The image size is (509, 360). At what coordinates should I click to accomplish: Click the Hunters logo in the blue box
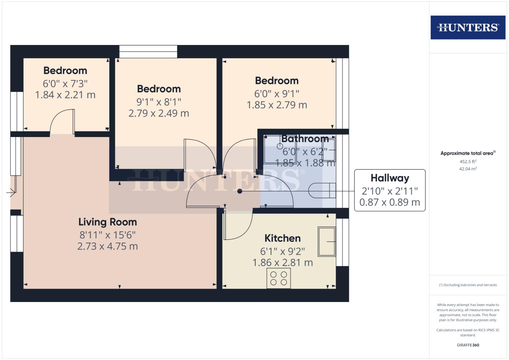click(x=468, y=27)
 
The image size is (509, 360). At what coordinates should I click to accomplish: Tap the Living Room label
click(x=107, y=222)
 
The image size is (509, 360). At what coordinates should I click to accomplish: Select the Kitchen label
click(x=282, y=238)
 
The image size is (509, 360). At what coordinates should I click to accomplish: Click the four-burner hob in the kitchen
click(x=279, y=278)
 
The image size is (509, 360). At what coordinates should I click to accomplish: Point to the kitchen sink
click(x=327, y=241)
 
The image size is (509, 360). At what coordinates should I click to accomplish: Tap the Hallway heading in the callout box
click(x=390, y=178)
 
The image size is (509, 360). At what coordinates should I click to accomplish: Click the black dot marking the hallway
click(x=240, y=191)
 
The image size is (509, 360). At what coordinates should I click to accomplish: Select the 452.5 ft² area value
click(x=468, y=162)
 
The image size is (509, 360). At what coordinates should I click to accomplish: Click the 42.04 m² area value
click(x=468, y=169)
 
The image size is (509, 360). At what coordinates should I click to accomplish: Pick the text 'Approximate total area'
click(x=467, y=153)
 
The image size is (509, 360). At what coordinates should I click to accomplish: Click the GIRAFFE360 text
click(x=468, y=345)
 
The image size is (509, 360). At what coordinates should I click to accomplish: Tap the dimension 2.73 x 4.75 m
click(x=107, y=246)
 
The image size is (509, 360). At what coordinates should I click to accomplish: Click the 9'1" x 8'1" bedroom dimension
click(x=159, y=102)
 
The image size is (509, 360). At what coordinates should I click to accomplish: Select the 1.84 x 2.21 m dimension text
click(x=65, y=95)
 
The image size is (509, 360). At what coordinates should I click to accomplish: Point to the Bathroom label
click(x=305, y=139)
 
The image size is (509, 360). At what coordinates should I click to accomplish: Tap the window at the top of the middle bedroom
click(x=148, y=52)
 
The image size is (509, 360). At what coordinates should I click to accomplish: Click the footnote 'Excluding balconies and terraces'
click(x=468, y=285)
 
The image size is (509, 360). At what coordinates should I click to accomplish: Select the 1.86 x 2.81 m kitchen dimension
click(x=282, y=263)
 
